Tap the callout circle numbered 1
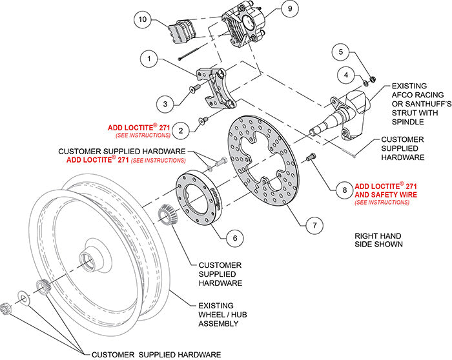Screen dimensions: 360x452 tap(149, 59)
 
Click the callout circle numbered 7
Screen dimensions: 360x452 tap(314, 226)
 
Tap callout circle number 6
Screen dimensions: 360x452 tap(235, 237)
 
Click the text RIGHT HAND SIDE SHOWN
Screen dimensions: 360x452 tap(379, 240)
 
